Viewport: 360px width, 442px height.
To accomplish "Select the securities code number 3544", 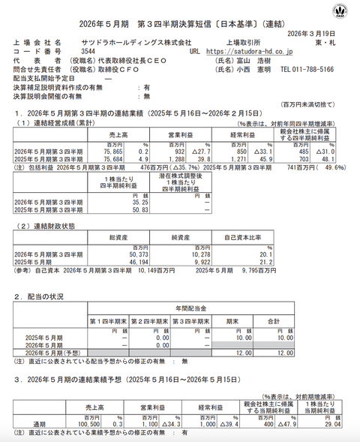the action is click(88, 53).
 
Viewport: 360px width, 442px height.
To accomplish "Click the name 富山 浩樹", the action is click(255, 61).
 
